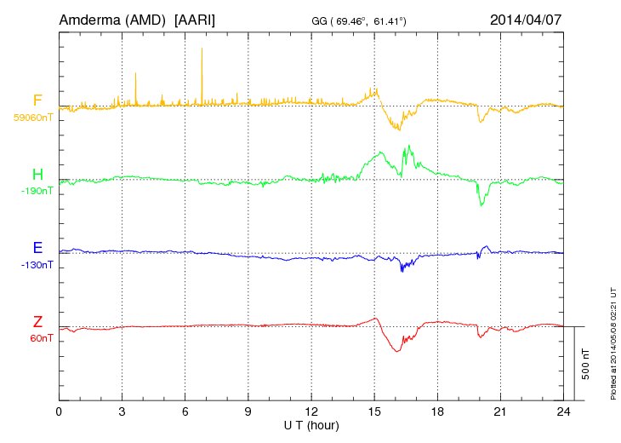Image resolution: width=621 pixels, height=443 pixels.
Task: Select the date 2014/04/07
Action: [x=527, y=20]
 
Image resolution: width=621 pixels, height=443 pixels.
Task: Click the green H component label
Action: [x=37, y=175]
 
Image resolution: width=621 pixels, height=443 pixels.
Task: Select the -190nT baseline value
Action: [x=36, y=191]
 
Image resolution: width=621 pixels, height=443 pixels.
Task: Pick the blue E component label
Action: [x=37, y=248]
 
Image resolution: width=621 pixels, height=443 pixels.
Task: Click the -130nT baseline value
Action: [x=36, y=265]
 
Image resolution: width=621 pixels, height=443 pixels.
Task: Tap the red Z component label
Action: [x=37, y=322]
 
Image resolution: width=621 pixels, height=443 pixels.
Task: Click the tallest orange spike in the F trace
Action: [x=202, y=49]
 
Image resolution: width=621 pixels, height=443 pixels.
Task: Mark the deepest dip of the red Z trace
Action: [x=396, y=351]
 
